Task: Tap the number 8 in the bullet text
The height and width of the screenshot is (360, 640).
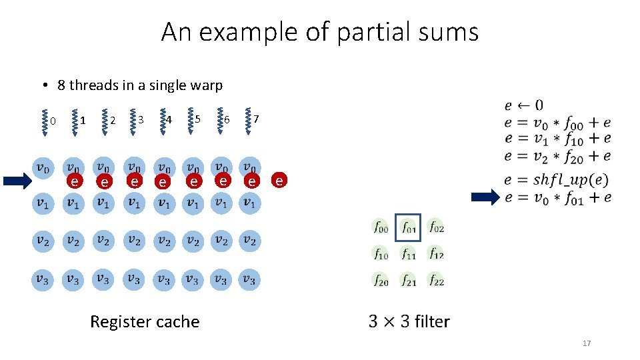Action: click(x=61, y=85)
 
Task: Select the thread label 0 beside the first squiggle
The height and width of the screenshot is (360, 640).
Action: click(x=53, y=121)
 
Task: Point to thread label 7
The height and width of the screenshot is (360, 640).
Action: click(x=256, y=119)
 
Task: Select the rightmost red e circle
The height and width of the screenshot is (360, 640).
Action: click(x=279, y=180)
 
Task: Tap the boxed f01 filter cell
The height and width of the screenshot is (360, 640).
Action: click(x=409, y=227)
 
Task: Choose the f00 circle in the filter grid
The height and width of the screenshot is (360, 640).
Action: click(x=381, y=227)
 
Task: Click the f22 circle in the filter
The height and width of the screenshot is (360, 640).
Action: click(x=436, y=281)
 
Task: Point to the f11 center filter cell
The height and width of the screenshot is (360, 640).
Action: click(x=409, y=253)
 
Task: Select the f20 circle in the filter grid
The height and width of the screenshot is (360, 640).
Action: click(x=381, y=281)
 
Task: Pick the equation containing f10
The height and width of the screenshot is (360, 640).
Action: click(x=557, y=139)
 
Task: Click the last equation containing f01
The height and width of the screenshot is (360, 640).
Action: click(x=557, y=197)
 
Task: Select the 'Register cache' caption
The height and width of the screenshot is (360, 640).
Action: click(x=145, y=322)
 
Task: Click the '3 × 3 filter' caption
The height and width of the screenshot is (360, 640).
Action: click(x=409, y=321)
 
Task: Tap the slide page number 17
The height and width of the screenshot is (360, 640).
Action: click(x=587, y=343)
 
